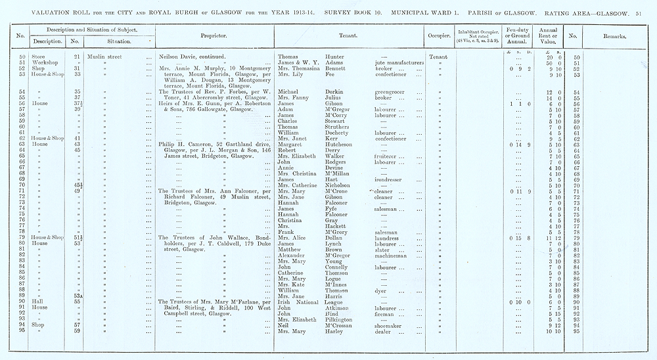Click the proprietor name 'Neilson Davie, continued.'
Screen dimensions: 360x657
tap(194, 56)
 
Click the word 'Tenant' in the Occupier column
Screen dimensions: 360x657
tap(438, 56)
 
